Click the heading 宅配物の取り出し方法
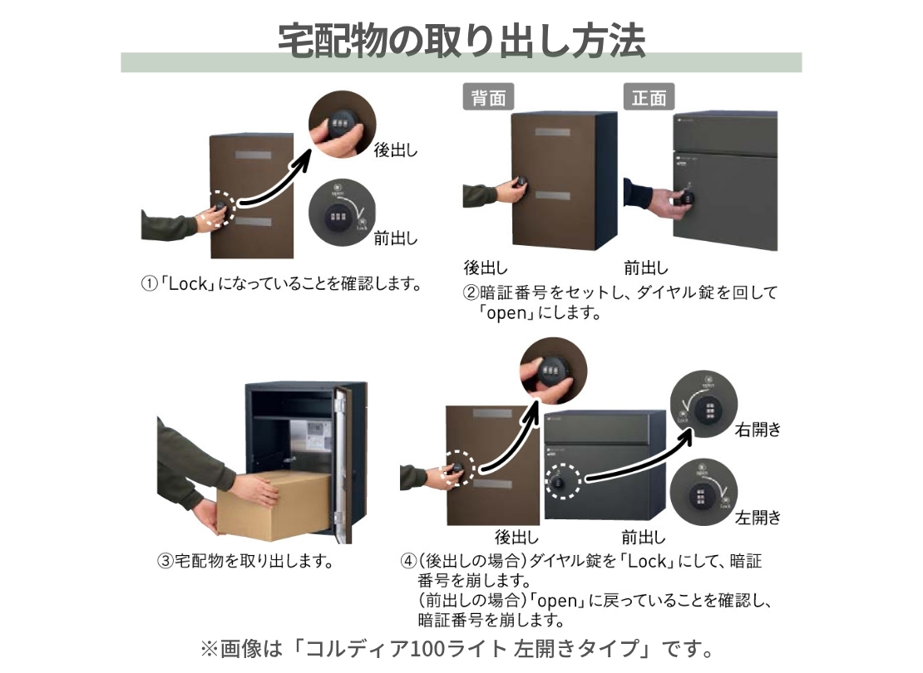tap(461, 39)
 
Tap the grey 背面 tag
tap(487, 97)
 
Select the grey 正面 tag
tap(649, 97)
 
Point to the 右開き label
tap(758, 430)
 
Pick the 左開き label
tap(758, 518)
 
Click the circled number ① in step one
tap(149, 284)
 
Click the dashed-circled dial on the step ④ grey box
tap(560, 482)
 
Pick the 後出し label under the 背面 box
tap(485, 268)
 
